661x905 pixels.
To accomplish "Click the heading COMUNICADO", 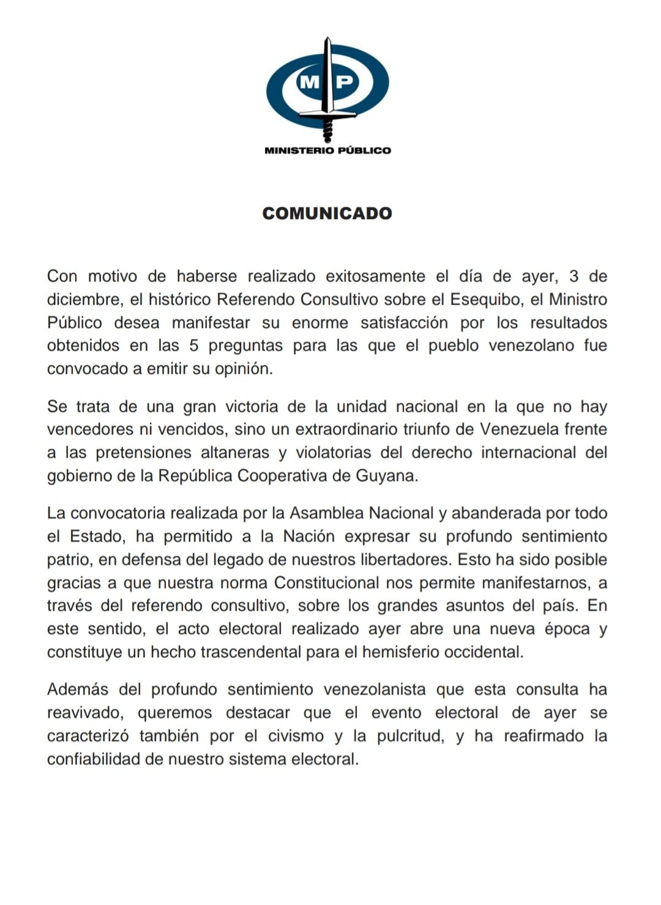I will click(327, 213).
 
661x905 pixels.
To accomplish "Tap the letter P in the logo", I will click(345, 81).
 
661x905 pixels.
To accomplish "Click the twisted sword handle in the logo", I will click(327, 129).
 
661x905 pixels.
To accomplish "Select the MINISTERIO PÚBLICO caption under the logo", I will click(327, 150).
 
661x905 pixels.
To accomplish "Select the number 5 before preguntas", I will click(194, 345).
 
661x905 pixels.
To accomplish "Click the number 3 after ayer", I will click(573, 276).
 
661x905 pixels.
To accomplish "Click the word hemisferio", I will click(400, 652).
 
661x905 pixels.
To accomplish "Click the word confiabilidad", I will click(97, 759).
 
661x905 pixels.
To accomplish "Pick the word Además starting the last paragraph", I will click(78, 689).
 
